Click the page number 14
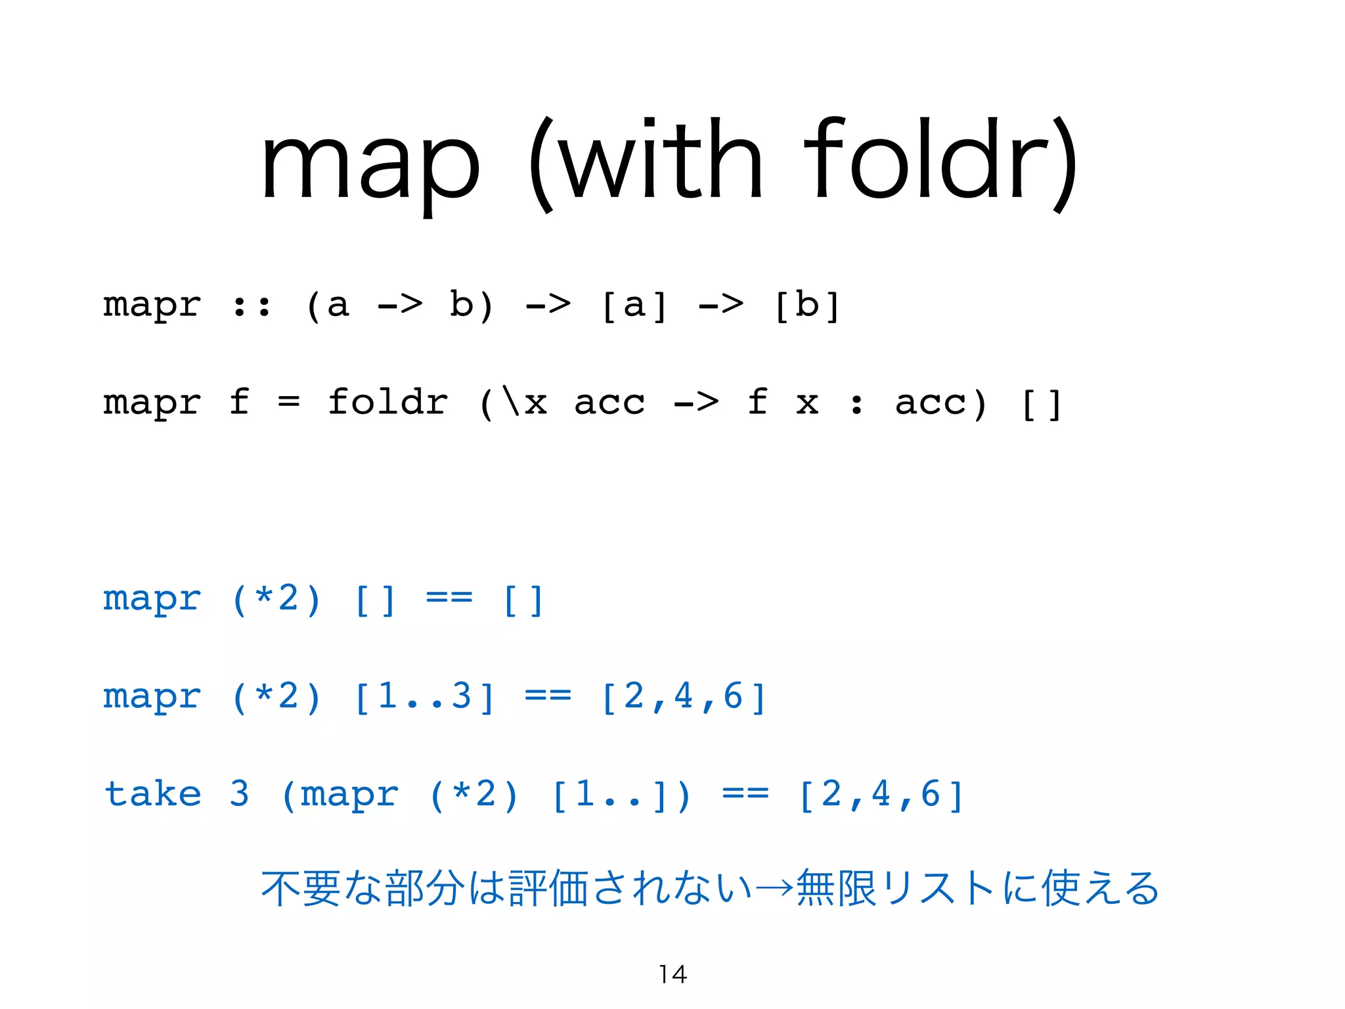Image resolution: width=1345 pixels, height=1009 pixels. pos(673,974)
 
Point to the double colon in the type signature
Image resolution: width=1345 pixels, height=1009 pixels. pos(252,305)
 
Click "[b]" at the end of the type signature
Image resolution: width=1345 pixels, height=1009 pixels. pos(807,305)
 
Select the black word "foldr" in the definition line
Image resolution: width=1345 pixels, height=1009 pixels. pos(387,402)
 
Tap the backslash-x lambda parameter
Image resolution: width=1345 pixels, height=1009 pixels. pos(523,402)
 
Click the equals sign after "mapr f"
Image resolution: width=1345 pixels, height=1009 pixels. pos(288,402)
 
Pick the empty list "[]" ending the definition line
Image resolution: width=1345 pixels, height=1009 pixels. pos(1042,403)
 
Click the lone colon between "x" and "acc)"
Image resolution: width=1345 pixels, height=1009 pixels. pos(856,403)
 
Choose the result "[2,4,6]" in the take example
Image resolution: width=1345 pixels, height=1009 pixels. pos(881,795)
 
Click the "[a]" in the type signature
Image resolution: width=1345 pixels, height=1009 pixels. pos(634,305)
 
